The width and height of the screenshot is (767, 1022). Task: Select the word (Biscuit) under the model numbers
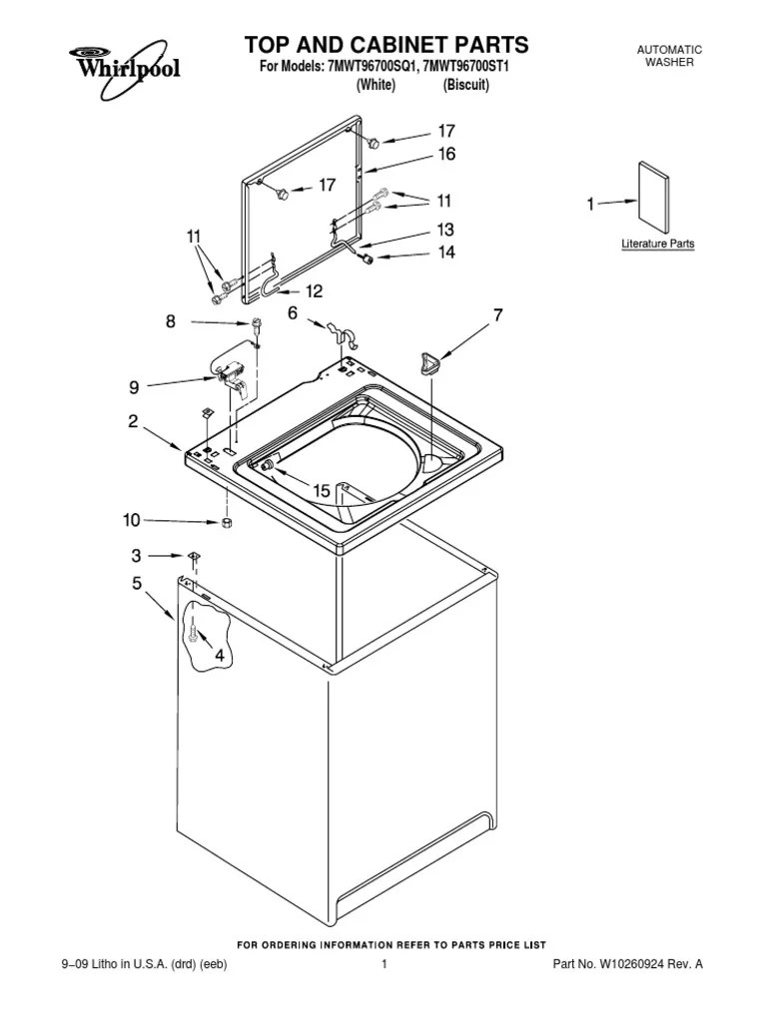pyautogui.click(x=465, y=85)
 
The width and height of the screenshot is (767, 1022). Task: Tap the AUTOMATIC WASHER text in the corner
pyautogui.click(x=669, y=56)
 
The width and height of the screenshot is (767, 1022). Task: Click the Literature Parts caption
pyautogui.click(x=657, y=244)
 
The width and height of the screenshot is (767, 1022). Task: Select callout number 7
pyautogui.click(x=497, y=315)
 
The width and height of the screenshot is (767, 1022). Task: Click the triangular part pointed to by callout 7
pyautogui.click(x=431, y=362)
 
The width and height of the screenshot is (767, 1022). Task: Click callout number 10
pyautogui.click(x=132, y=519)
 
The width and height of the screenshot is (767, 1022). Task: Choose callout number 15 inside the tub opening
pyautogui.click(x=322, y=490)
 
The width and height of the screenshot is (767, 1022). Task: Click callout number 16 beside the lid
pyautogui.click(x=445, y=154)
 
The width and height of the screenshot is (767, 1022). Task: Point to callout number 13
pyautogui.click(x=445, y=229)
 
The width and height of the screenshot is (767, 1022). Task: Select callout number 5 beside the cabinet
pyautogui.click(x=137, y=584)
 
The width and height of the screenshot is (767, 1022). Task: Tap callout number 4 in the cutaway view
pyautogui.click(x=217, y=656)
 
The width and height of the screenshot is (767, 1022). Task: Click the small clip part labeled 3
pyautogui.click(x=192, y=556)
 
